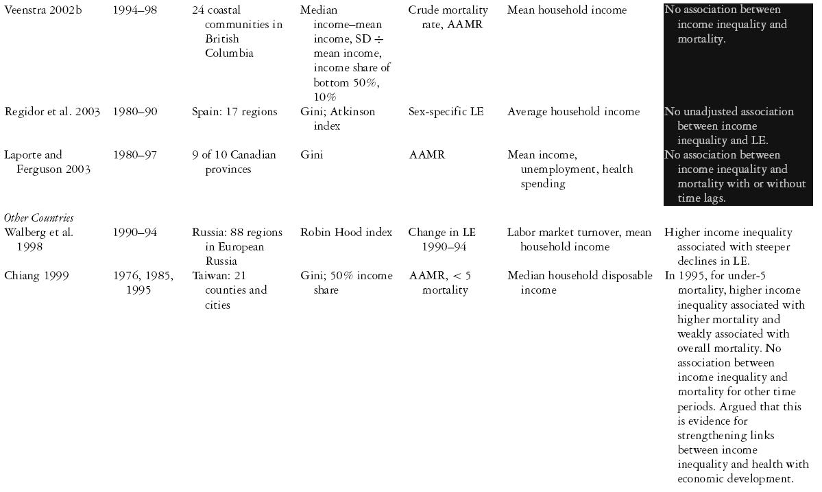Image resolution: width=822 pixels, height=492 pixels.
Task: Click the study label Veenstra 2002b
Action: [x=43, y=10]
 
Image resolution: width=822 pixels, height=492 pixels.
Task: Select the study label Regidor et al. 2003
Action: [x=51, y=111]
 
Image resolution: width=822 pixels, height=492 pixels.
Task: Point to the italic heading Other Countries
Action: [x=38, y=218]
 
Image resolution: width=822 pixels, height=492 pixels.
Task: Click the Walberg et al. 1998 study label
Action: [x=38, y=239]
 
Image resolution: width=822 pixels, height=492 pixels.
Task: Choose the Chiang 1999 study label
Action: [x=35, y=275]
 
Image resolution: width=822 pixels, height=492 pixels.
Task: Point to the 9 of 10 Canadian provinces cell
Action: [x=234, y=162]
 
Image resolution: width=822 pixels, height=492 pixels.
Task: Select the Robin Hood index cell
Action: [x=346, y=233]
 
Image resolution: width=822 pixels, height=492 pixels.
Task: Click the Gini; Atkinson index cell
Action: [x=337, y=119]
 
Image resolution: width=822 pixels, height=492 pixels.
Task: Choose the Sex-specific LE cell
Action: [x=446, y=111]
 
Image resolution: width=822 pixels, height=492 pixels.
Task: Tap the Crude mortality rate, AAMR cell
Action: [x=448, y=17]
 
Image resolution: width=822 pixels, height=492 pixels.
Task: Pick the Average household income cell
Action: [x=573, y=111]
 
